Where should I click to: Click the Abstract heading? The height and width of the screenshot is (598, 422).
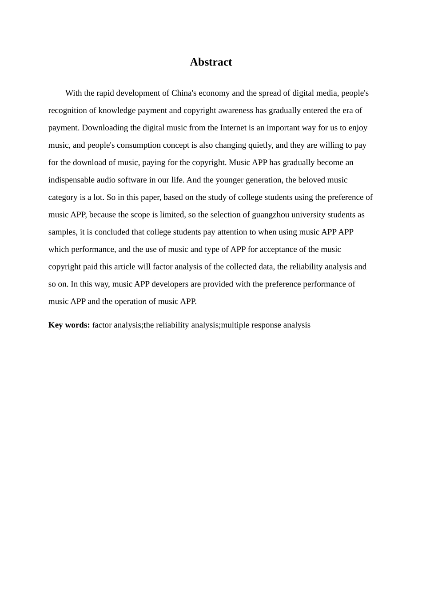click(x=211, y=62)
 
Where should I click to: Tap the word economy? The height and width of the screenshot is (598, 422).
click(x=214, y=93)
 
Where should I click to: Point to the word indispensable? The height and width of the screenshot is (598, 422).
click(x=72, y=180)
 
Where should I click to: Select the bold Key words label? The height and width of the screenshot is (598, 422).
click(x=69, y=325)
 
